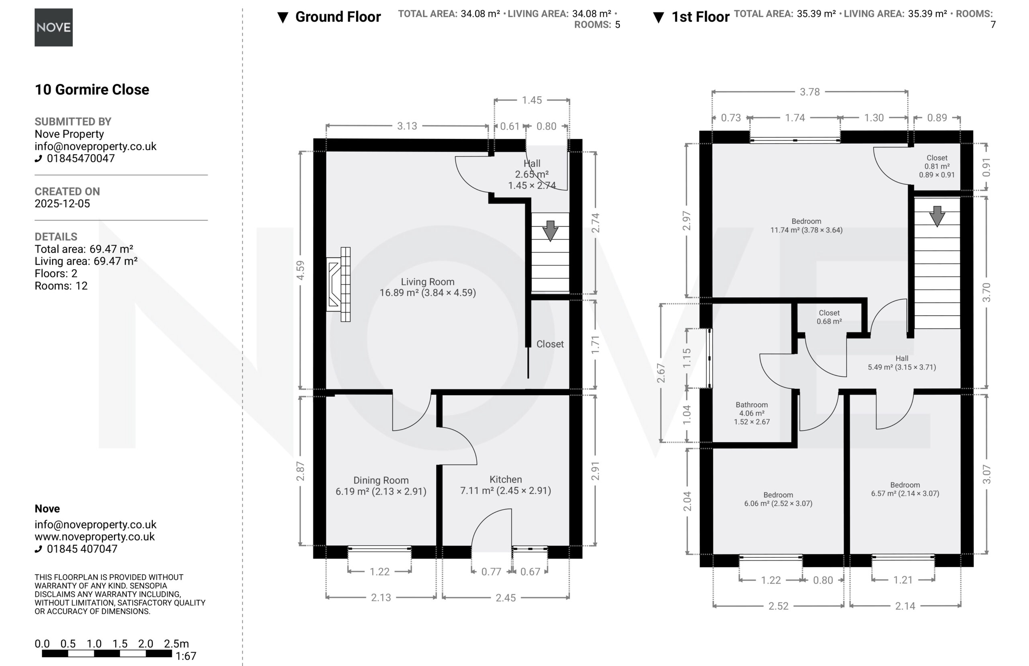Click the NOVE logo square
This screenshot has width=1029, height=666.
pyautogui.click(x=53, y=27)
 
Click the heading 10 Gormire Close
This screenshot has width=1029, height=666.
pyautogui.click(x=92, y=89)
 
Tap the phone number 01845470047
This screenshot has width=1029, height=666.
pyautogui.click(x=81, y=158)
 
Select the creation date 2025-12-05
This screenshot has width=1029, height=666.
pyautogui.click(x=62, y=204)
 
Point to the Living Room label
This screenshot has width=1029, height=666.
pyautogui.click(x=428, y=287)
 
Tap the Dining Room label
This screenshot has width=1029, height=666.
pyautogui.click(x=381, y=486)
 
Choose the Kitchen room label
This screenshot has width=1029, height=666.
pyautogui.click(x=505, y=485)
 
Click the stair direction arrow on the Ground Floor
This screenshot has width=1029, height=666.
pyautogui.click(x=550, y=231)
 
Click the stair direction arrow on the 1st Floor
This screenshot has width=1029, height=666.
pyautogui.click(x=937, y=216)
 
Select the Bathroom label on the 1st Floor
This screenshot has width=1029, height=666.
pyautogui.click(x=752, y=413)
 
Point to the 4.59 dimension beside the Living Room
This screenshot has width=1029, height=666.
pyautogui.click(x=300, y=270)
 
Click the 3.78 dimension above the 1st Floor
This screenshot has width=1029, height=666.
pyautogui.click(x=810, y=92)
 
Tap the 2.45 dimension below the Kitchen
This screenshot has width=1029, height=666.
pyautogui.click(x=505, y=598)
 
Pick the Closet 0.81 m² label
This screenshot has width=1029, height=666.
pyautogui.click(x=937, y=166)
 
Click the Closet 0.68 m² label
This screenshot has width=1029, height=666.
pyautogui.click(x=829, y=317)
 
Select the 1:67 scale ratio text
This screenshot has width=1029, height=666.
pyautogui.click(x=186, y=656)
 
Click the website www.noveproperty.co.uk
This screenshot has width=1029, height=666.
pyautogui.click(x=94, y=537)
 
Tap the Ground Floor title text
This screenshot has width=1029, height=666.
pyautogui.click(x=338, y=17)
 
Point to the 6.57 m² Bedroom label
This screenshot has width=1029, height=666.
pyautogui.click(x=905, y=489)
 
